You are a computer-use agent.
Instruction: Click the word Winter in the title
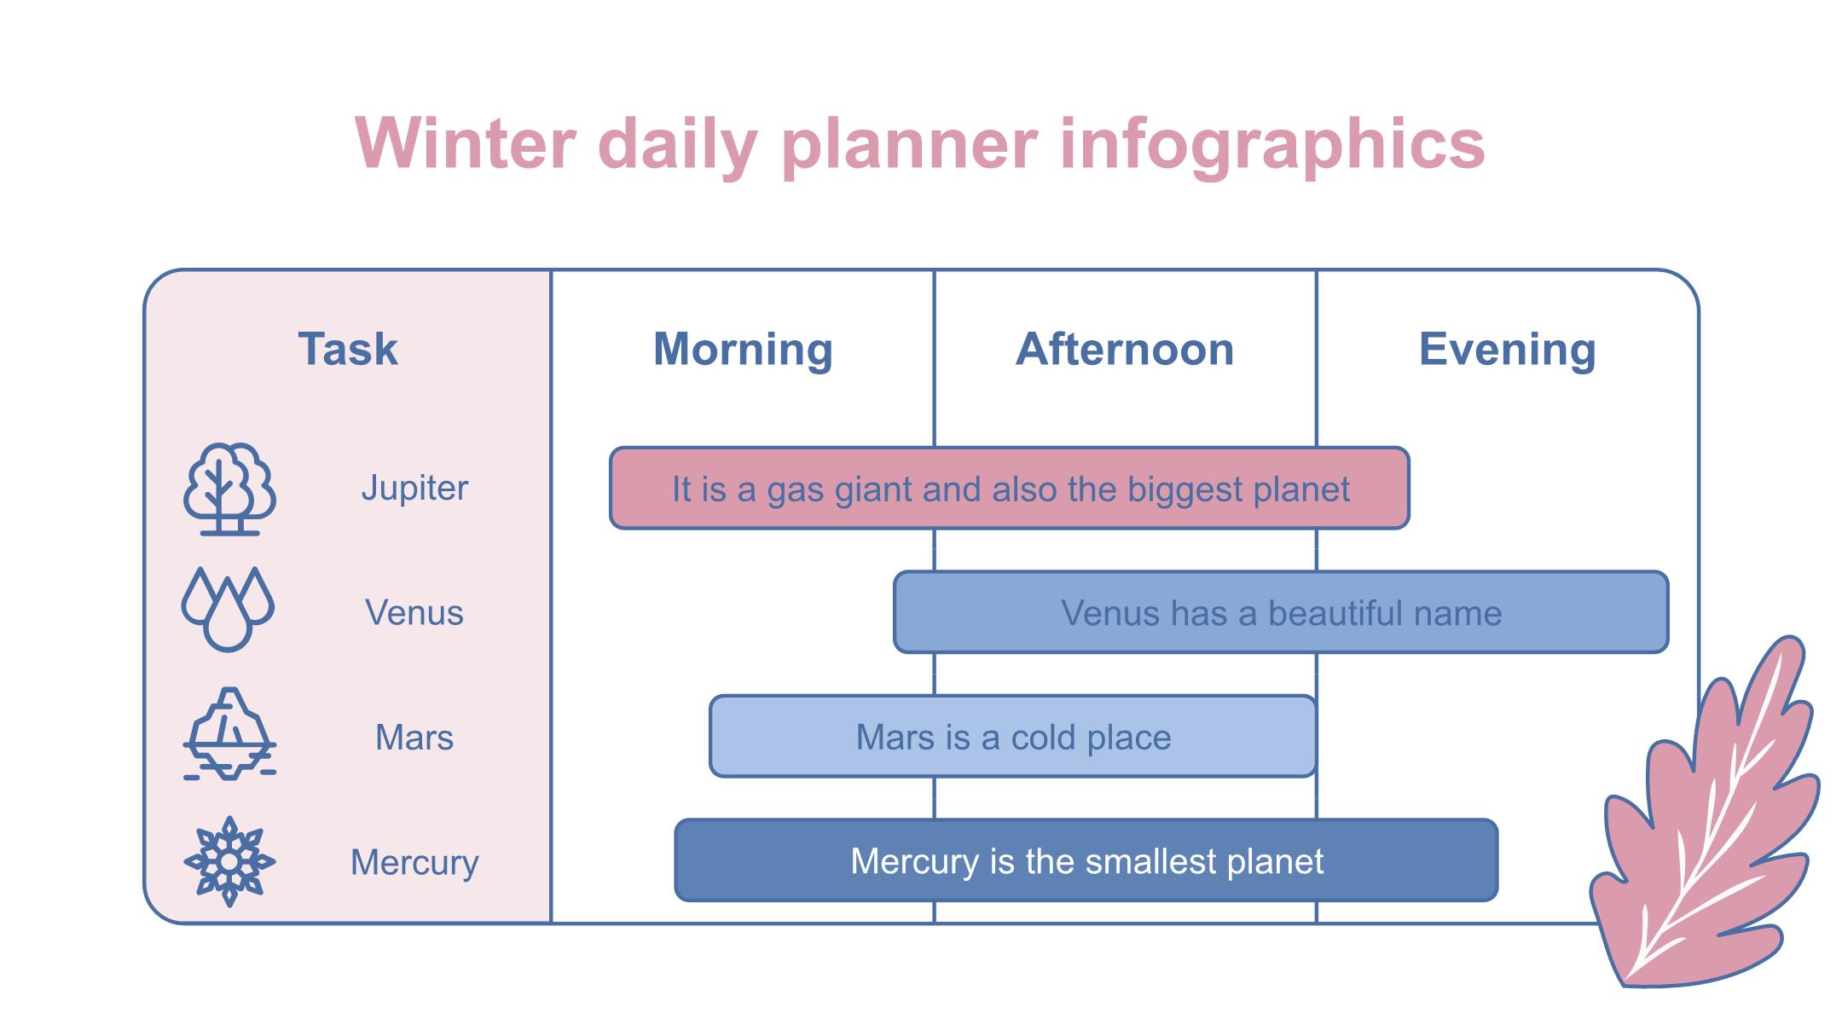[x=466, y=143]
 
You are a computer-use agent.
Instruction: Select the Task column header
[x=348, y=349]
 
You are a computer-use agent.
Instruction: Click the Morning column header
[x=743, y=350]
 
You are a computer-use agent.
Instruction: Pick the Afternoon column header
[x=1125, y=349]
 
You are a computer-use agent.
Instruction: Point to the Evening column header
[x=1507, y=350]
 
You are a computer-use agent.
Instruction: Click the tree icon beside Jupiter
[x=229, y=489]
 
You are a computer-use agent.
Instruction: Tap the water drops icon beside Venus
[x=228, y=609]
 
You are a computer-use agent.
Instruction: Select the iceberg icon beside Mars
[x=229, y=733]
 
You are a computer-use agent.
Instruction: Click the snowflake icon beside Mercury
[x=229, y=861]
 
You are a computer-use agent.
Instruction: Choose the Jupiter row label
[x=414, y=489]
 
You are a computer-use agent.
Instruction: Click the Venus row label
[x=414, y=612]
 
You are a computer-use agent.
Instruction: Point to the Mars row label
[x=414, y=737]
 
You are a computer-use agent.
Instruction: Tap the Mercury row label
[x=414, y=863]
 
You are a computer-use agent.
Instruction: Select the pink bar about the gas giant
[x=1010, y=488]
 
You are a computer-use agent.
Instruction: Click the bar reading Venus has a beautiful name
[x=1281, y=612]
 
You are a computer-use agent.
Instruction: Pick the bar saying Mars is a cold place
[x=1013, y=736]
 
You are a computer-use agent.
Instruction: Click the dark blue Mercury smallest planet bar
[x=1086, y=860]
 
